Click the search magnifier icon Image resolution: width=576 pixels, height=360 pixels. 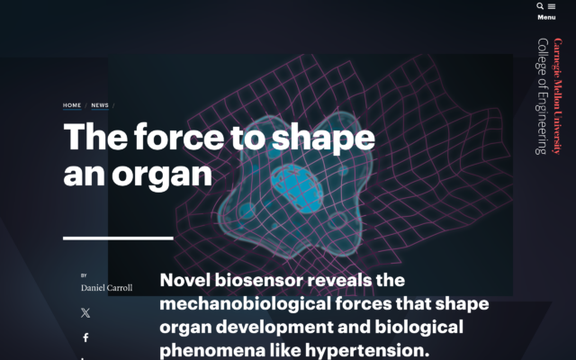tap(540, 6)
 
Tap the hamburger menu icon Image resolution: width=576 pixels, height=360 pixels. tap(552, 6)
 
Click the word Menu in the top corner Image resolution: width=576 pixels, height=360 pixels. tap(546, 17)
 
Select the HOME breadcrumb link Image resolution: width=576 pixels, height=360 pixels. tap(72, 105)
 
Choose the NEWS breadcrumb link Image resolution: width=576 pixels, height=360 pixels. tap(99, 105)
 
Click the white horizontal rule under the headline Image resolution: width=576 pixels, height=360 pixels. tap(118, 238)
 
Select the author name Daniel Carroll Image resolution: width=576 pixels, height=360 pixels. tap(106, 288)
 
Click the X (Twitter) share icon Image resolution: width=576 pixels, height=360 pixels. tap(85, 313)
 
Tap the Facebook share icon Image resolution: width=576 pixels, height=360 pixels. tap(85, 338)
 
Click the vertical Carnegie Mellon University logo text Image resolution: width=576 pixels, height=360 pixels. tap(557, 95)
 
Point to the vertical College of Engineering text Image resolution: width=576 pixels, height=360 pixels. tap(542, 95)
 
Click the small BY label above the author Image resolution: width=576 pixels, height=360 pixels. tap(84, 275)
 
